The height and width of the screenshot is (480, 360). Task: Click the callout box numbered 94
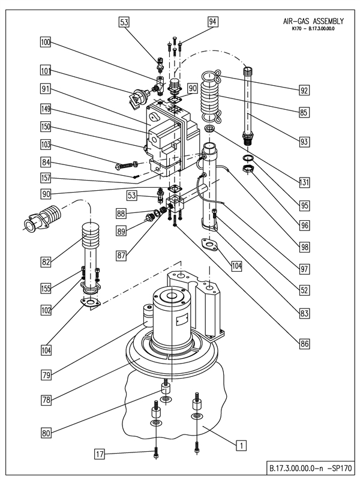click(212, 22)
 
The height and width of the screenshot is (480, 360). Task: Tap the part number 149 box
click(46, 110)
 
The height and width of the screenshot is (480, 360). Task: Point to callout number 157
click(46, 178)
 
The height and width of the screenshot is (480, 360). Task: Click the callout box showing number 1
click(240, 445)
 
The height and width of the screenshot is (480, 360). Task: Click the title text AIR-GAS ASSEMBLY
click(310, 20)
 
